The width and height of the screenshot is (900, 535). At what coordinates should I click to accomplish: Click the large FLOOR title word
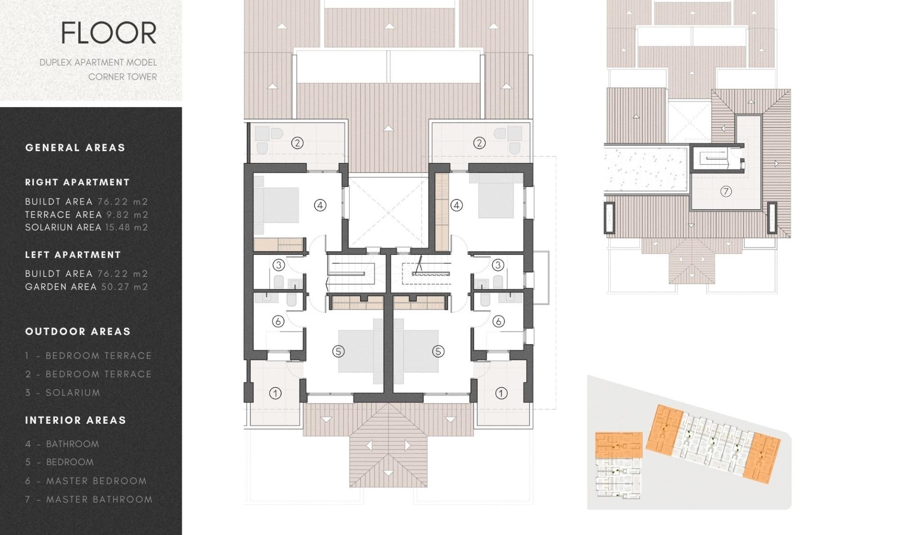click(109, 33)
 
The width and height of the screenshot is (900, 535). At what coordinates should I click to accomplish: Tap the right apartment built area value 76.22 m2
click(123, 202)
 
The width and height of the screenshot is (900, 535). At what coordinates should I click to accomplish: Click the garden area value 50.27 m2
click(125, 287)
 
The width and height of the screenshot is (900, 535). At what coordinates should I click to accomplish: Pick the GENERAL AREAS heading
click(75, 148)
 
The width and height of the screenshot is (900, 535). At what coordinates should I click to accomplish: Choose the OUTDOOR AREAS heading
click(78, 332)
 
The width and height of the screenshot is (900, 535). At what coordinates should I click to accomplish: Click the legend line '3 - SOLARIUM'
click(63, 393)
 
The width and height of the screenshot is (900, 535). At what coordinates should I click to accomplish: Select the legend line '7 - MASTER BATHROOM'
click(89, 500)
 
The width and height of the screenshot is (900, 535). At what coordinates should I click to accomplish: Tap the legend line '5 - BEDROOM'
click(60, 462)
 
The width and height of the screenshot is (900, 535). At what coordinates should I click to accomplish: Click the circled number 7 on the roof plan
click(726, 191)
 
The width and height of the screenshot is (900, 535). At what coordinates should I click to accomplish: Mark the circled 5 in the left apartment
click(338, 351)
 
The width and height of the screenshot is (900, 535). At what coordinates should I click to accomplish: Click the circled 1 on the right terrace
click(501, 393)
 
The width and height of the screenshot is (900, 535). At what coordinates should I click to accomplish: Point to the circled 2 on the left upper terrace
click(297, 143)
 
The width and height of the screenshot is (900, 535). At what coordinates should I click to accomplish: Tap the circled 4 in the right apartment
click(457, 205)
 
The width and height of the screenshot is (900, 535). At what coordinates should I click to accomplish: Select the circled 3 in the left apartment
click(279, 265)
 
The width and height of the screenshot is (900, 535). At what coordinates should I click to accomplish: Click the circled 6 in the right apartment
click(498, 321)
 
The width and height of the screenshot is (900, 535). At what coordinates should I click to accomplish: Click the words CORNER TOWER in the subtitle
click(122, 77)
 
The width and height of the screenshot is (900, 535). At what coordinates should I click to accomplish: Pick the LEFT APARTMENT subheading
click(73, 255)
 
